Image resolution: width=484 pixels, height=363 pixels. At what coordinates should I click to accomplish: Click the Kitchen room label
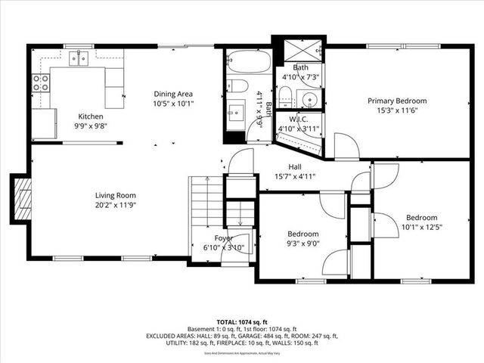91,116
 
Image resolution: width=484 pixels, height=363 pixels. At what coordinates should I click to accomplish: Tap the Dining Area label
174,94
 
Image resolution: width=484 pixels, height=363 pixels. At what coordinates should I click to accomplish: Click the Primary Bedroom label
397,101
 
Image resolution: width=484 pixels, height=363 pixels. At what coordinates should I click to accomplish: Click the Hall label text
295,166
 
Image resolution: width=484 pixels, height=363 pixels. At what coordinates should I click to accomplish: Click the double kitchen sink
78,58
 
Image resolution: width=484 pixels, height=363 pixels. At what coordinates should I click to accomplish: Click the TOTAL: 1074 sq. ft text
242,321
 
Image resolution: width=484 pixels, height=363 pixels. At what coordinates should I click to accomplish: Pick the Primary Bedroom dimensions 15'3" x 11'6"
397,111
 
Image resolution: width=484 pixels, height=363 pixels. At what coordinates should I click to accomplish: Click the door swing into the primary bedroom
345,147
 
